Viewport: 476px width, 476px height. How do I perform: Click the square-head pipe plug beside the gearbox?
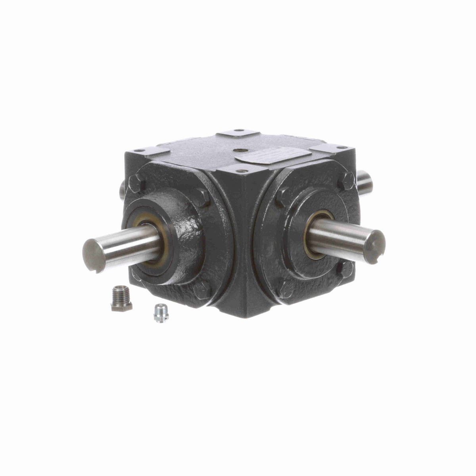click(x=121, y=302)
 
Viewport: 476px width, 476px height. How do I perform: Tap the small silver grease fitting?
click(x=159, y=313)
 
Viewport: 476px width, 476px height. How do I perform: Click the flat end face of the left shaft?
click(x=92, y=255)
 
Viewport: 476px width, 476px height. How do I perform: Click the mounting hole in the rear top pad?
click(x=238, y=131)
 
